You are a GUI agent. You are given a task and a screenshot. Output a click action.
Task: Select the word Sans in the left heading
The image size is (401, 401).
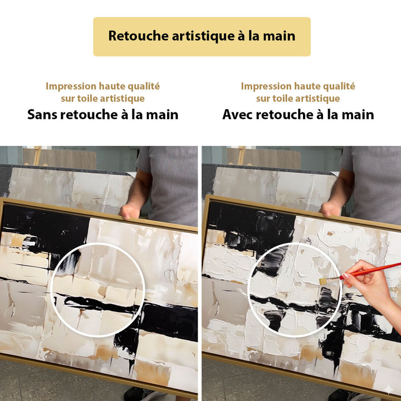pyautogui.click(x=43, y=115)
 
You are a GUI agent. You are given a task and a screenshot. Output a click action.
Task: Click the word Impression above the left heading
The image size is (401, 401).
pyautogui.click(x=71, y=86)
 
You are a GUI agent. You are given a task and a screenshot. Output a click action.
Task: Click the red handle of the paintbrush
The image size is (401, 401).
pyautogui.click(x=373, y=269)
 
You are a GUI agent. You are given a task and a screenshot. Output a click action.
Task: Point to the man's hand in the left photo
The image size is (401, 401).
pyautogui.click(x=130, y=211)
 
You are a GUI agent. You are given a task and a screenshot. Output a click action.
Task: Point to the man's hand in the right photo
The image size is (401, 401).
pyautogui.click(x=330, y=208)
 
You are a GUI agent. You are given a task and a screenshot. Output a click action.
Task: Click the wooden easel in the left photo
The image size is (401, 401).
pyautogui.click(x=37, y=155)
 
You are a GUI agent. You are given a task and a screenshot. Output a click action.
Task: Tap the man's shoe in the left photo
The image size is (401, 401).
pyautogui.click(x=139, y=394)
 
